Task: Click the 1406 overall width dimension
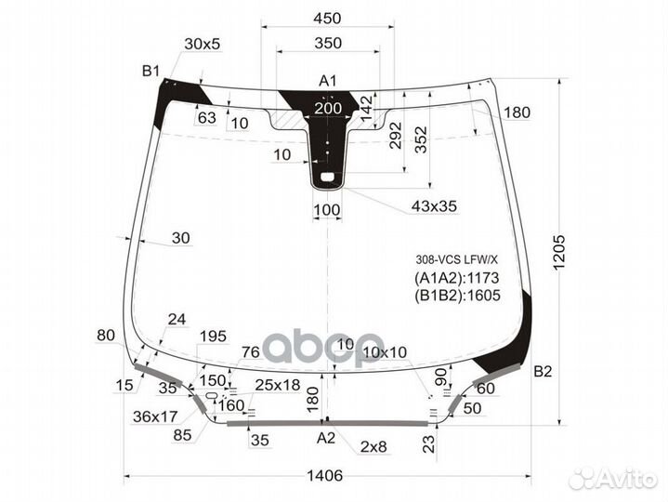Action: tap(325, 475)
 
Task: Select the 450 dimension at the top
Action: tap(328, 19)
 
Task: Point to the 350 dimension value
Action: tap(328, 43)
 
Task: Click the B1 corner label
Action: tap(151, 71)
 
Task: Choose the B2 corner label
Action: tap(544, 372)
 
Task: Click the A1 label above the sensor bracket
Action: tap(328, 80)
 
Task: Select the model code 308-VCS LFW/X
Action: tap(456, 259)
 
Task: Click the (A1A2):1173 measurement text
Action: tap(456, 278)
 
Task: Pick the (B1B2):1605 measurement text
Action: tap(457, 296)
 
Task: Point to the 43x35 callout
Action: tap(435, 206)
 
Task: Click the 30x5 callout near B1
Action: tap(203, 44)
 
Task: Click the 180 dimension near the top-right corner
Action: tap(517, 112)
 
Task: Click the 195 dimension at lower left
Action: tap(213, 336)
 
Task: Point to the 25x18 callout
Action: tap(278, 384)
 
